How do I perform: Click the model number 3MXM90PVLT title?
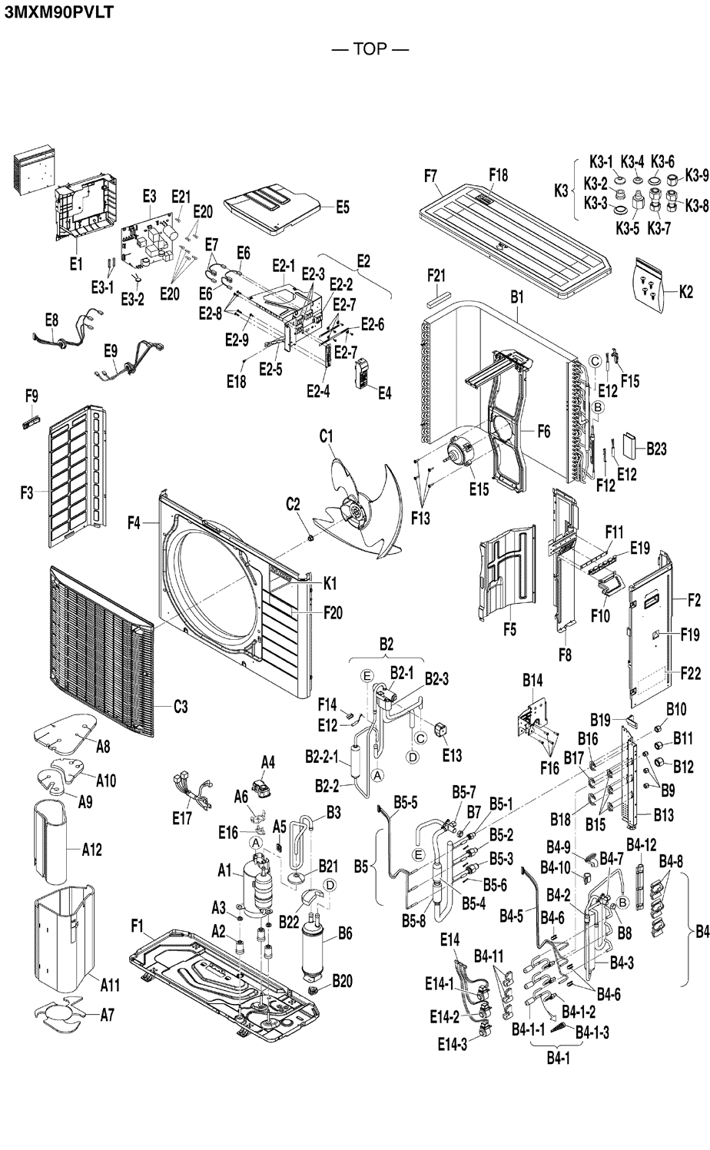tap(58, 12)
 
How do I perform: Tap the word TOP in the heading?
tap(370, 49)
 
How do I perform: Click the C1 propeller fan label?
tap(327, 437)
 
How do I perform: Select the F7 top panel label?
tap(431, 176)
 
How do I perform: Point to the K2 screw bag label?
tap(686, 293)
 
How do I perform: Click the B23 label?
tap(656, 449)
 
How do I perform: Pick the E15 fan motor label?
tap(479, 489)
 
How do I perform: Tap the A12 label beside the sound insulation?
tap(92, 850)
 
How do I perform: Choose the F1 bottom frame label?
tap(137, 926)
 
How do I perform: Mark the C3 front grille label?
tap(181, 707)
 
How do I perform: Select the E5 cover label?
tap(343, 207)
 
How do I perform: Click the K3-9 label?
tap(696, 176)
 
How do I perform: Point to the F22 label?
tap(691, 672)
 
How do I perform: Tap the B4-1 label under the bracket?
tap(558, 1058)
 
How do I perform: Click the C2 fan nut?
tap(310, 537)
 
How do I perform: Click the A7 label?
tap(108, 1015)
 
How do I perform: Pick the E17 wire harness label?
tap(182, 818)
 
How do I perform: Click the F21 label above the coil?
tap(436, 276)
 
